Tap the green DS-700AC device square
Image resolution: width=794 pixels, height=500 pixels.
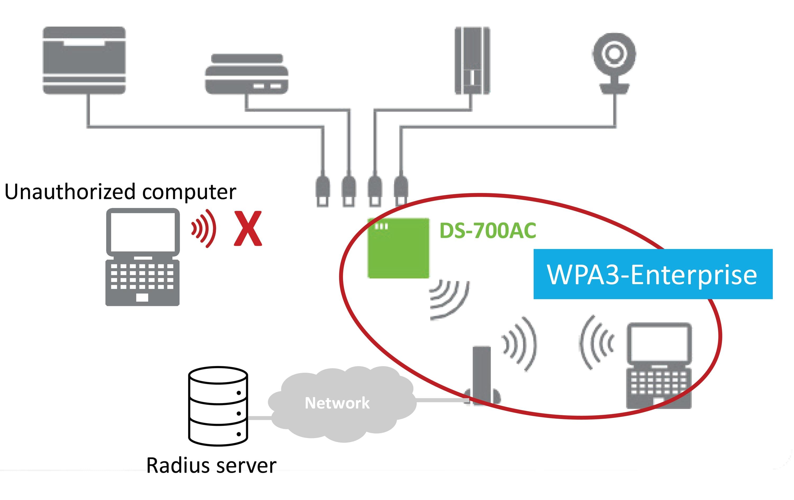point(398,248)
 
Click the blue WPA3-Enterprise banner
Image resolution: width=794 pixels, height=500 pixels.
point(653,274)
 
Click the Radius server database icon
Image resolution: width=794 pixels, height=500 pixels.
point(218,406)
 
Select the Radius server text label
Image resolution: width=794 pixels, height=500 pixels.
point(211,466)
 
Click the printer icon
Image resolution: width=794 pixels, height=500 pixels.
point(84,60)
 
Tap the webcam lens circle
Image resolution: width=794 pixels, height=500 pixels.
point(614,53)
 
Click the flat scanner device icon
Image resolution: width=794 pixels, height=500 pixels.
point(246,74)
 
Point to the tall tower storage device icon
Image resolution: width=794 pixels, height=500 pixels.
point(472,61)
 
